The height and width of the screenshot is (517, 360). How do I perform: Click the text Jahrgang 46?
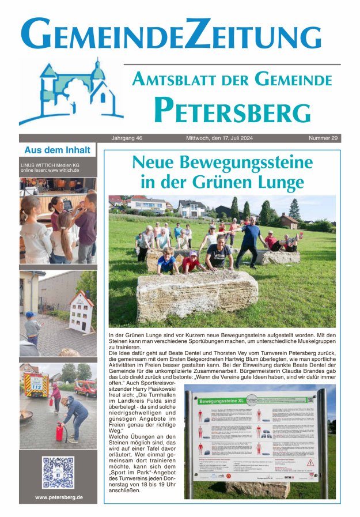click(x=127, y=138)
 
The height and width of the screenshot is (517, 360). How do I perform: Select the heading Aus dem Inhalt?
click(x=57, y=150)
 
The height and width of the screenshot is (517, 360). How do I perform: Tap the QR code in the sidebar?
click(x=58, y=473)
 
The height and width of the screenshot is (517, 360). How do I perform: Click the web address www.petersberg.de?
click(x=58, y=497)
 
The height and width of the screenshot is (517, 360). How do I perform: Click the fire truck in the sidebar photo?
click(x=36, y=384)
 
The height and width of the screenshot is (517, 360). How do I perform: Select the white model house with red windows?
click(x=81, y=312)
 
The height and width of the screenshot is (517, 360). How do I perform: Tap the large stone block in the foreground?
click(x=197, y=296)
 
